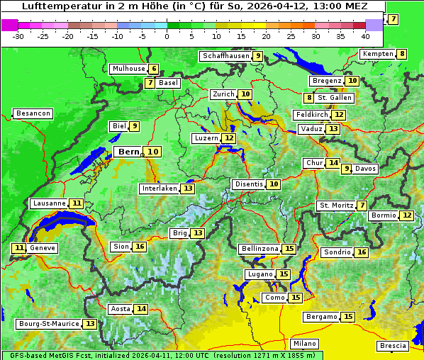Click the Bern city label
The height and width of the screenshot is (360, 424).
tap(128, 152)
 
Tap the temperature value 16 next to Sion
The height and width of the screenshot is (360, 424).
tap(140, 247)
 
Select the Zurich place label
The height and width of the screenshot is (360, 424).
tap(223, 94)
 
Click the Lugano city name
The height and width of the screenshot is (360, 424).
tap(260, 274)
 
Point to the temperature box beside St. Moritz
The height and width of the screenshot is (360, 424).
tap(362, 206)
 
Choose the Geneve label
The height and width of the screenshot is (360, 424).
tap(43, 248)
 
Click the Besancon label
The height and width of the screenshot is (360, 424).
tap(33, 113)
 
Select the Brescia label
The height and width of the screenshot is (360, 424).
tap(393, 346)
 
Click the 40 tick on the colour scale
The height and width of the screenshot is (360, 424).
tap(365, 35)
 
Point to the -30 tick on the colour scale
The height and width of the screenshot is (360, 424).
tap(18, 35)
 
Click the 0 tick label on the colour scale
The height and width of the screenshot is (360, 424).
tap(167, 35)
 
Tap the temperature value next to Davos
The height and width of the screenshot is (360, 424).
tap(347, 169)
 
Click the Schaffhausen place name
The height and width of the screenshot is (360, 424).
tap(225, 56)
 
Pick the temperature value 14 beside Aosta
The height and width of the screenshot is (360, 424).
tap(142, 309)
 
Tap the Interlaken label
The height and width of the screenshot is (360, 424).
tap(159, 189)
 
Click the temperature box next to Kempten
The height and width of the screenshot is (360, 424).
tap(402, 54)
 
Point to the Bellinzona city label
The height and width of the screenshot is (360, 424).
tap(260, 249)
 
